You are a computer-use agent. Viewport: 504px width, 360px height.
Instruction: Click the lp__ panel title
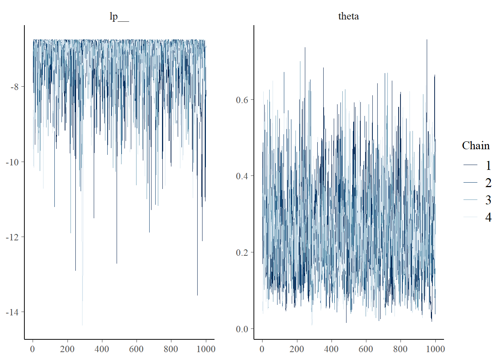point(119,16)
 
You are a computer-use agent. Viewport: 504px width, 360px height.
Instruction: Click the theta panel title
point(348,16)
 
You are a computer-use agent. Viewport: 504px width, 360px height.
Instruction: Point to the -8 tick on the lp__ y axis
point(15,87)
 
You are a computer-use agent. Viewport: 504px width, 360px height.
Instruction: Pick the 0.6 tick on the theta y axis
point(242,100)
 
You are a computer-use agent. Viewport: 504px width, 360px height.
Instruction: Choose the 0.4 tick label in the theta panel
point(242,176)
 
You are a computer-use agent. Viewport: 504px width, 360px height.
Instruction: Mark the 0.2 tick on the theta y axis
point(242,252)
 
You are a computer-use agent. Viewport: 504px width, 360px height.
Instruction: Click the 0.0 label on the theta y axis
point(242,329)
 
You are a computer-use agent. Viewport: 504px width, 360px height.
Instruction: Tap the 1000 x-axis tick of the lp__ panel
point(206,349)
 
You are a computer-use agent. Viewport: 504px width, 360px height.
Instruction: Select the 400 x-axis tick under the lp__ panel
point(102,349)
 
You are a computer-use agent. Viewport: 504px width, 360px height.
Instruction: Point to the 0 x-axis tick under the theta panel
point(262,349)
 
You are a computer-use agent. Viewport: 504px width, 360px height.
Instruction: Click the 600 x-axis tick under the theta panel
point(366,349)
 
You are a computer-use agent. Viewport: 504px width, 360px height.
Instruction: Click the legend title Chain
point(475,145)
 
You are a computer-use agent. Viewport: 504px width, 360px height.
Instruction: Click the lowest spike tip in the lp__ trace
point(82,325)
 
